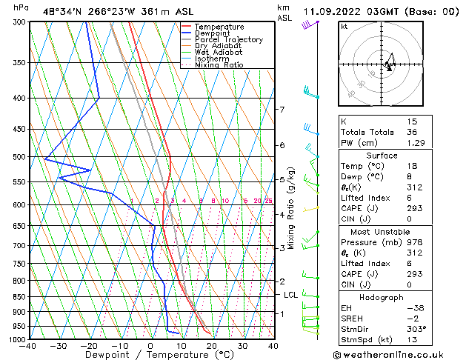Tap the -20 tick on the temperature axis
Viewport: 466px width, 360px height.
[x=89, y=346]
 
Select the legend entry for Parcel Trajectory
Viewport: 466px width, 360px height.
[x=228, y=40]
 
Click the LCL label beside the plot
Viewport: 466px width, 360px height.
[x=291, y=295]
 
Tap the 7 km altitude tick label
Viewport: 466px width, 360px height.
[x=282, y=110]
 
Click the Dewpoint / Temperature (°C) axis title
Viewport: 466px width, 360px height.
[x=150, y=356]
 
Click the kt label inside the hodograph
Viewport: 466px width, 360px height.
[x=344, y=27]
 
